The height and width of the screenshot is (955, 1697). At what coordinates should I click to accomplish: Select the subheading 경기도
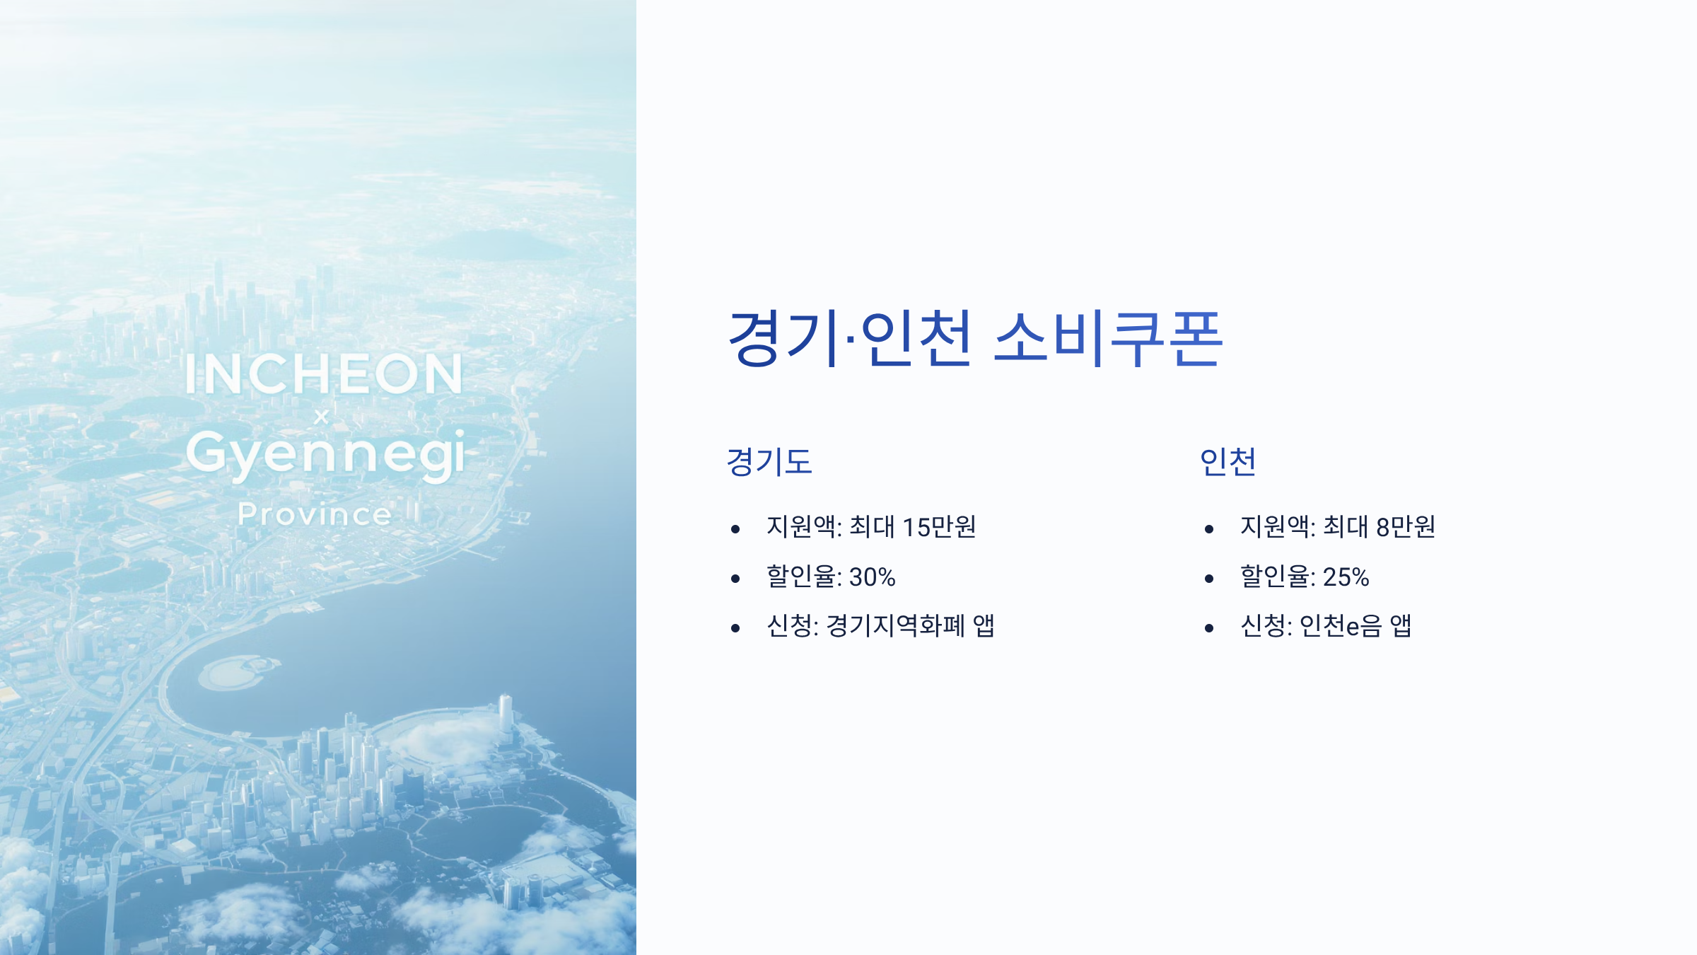(x=769, y=462)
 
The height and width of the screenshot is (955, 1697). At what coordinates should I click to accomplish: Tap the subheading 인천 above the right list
(x=1227, y=462)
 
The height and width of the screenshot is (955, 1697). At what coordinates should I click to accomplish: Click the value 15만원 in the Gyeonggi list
(x=939, y=527)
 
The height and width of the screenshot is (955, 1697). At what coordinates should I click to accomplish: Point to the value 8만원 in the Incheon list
(x=1405, y=527)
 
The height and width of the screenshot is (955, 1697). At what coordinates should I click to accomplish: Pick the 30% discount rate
(x=872, y=577)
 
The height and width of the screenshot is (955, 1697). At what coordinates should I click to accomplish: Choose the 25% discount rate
(x=1346, y=577)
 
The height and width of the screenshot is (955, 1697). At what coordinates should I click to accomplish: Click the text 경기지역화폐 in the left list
(x=895, y=626)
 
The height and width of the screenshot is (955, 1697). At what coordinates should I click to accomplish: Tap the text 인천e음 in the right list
(x=1340, y=626)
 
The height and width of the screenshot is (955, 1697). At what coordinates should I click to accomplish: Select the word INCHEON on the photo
(x=324, y=374)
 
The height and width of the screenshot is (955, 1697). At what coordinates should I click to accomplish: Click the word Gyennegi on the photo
(x=326, y=455)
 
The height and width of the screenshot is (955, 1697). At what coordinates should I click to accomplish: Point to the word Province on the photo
(x=315, y=514)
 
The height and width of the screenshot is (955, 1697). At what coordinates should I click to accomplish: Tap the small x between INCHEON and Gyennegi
(x=321, y=417)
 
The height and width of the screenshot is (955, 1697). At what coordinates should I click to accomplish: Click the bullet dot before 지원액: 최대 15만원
(x=735, y=529)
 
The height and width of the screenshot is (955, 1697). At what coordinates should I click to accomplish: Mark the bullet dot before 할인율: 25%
(x=1209, y=579)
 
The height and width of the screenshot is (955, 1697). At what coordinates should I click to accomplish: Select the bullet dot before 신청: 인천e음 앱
(x=1209, y=628)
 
